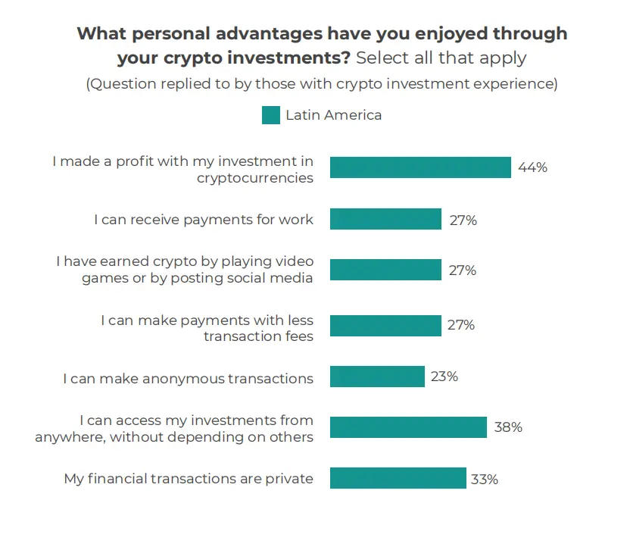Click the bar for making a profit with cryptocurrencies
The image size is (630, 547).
(420, 167)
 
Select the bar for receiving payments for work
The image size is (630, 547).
(385, 220)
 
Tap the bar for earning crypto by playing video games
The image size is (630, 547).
(385, 270)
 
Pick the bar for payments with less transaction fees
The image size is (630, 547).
(385, 326)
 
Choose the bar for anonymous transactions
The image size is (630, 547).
(377, 377)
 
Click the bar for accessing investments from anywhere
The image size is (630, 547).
(408, 427)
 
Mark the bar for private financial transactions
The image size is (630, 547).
(398, 478)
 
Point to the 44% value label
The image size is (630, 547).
(532, 167)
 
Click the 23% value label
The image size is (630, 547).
(444, 377)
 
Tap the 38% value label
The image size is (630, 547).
(507, 427)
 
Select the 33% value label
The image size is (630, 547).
(486, 479)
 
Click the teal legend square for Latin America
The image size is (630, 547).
(271, 115)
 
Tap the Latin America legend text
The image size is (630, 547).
(333, 115)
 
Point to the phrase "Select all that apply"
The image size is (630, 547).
(441, 58)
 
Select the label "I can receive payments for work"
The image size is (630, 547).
(203, 220)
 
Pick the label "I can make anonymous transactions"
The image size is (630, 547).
(188, 378)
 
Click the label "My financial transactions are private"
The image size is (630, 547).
(188, 479)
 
